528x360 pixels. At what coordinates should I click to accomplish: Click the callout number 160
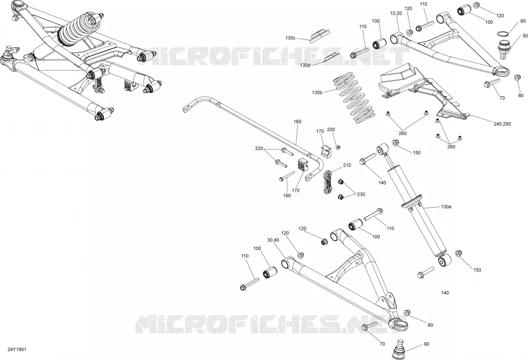[x=297, y=122]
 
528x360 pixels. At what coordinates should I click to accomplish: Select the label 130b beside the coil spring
[x=317, y=93]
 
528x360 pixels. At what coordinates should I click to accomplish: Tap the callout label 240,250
[x=502, y=124]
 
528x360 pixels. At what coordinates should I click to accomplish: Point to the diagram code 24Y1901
[x=17, y=349]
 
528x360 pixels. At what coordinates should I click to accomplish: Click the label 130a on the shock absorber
[x=446, y=207]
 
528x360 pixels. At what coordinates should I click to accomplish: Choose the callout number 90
[x=427, y=344]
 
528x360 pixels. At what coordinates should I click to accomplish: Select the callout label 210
[x=347, y=165]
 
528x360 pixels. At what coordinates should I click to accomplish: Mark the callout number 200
[x=331, y=129]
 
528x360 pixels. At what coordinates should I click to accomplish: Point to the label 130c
[x=290, y=38]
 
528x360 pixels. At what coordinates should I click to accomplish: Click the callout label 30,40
[x=273, y=240]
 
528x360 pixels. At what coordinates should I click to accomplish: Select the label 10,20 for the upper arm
[x=396, y=13]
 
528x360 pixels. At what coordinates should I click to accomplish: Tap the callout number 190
[x=287, y=196]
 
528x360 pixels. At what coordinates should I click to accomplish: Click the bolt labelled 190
[x=287, y=176]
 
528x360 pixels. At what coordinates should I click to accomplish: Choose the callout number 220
[x=259, y=148]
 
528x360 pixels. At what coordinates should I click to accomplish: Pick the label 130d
[x=305, y=65]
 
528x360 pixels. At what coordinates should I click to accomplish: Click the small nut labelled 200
[x=338, y=147]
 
